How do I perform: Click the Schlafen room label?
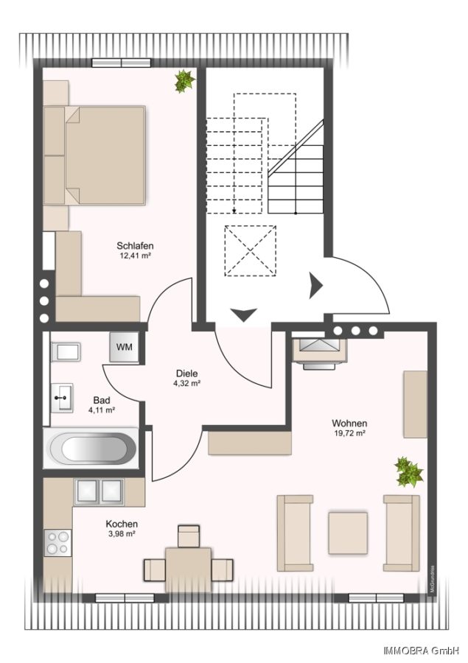pos(136,246)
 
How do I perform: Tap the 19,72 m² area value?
pos(349,434)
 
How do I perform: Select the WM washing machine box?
pos(125,348)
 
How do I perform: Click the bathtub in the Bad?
pos(91,447)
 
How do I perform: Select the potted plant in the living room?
pos(408,471)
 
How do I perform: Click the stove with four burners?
pos(57,543)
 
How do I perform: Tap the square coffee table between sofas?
pos(347,533)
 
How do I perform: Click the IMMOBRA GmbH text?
pos(421,650)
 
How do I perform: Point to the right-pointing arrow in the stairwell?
pos(315,285)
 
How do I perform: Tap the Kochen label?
pos(122,524)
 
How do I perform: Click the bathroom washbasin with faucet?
pos(62,398)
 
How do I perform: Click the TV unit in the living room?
pos(319,351)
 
